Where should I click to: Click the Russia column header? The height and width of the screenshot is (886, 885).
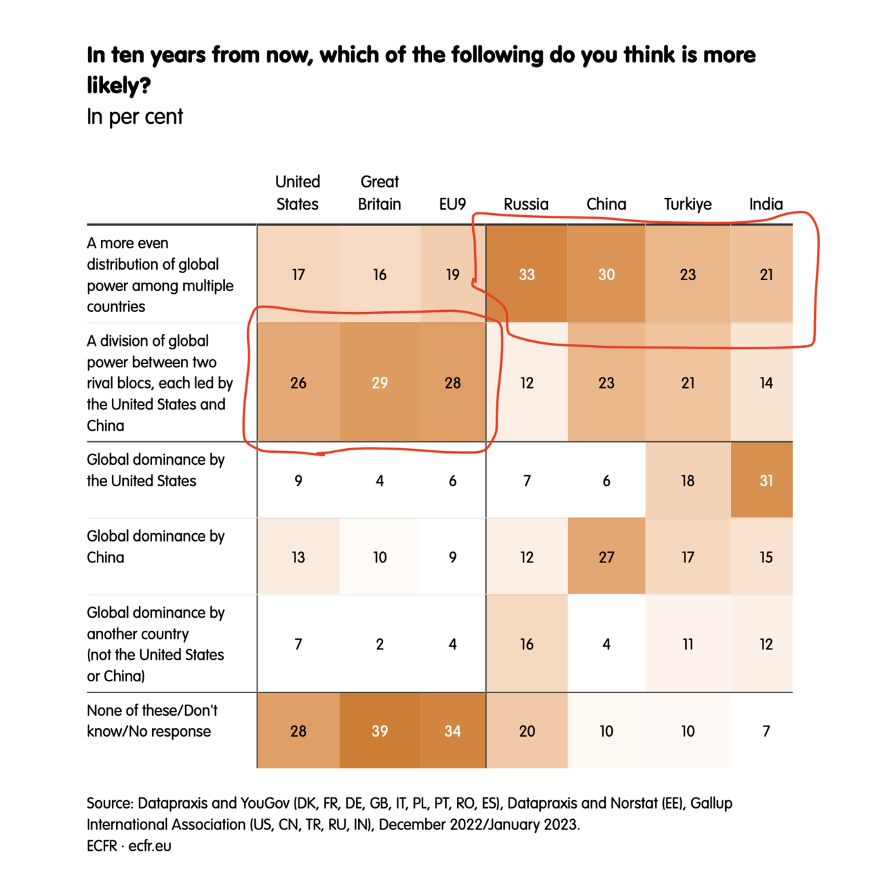(526, 204)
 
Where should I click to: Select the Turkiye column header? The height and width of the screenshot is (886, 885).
(687, 204)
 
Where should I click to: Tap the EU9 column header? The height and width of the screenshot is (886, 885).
(452, 204)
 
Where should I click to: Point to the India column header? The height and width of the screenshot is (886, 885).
(766, 204)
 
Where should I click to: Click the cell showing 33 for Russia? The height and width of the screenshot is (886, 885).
(527, 275)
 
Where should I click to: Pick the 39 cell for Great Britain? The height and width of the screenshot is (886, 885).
(380, 731)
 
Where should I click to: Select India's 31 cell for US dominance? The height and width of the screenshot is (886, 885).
(766, 481)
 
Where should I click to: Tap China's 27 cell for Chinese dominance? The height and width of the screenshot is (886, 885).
(606, 557)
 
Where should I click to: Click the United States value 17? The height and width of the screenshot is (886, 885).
(298, 275)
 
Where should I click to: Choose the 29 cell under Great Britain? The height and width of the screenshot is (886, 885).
(380, 383)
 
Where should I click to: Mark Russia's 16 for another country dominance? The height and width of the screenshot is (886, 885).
(527, 645)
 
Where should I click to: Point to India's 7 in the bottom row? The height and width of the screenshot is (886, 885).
(766, 731)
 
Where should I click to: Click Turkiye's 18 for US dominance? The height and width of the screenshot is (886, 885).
(687, 481)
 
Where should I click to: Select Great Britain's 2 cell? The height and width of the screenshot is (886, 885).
(380, 645)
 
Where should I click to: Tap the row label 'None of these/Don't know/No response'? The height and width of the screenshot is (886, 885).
(152, 721)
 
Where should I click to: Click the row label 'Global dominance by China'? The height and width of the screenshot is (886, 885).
(156, 546)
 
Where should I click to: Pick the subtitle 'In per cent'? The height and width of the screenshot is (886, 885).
(135, 117)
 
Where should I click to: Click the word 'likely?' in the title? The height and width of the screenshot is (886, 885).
(118, 86)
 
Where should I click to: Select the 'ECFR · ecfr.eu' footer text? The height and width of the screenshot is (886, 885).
(129, 846)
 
